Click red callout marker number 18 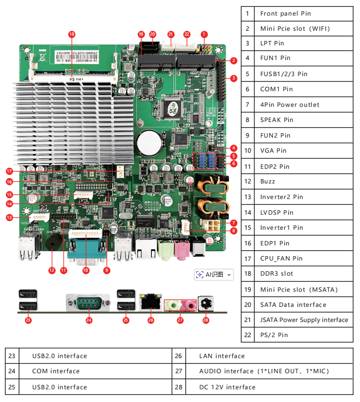(x=72, y=34)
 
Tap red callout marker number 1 (x=204, y=34)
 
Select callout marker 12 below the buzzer (x=52, y=270)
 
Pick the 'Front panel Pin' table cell (x=285, y=13)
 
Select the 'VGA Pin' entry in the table (x=273, y=150)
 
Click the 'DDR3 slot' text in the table (x=276, y=273)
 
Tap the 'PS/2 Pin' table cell (x=274, y=335)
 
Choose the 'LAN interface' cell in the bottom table (x=222, y=356)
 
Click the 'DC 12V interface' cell (x=227, y=387)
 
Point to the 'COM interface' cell (x=56, y=371)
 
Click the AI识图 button (x=214, y=275)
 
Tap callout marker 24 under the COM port (x=89, y=320)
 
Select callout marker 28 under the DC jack (x=205, y=320)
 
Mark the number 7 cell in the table (x=248, y=104)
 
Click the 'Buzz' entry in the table (x=267, y=181)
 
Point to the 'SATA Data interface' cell (x=293, y=304)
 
